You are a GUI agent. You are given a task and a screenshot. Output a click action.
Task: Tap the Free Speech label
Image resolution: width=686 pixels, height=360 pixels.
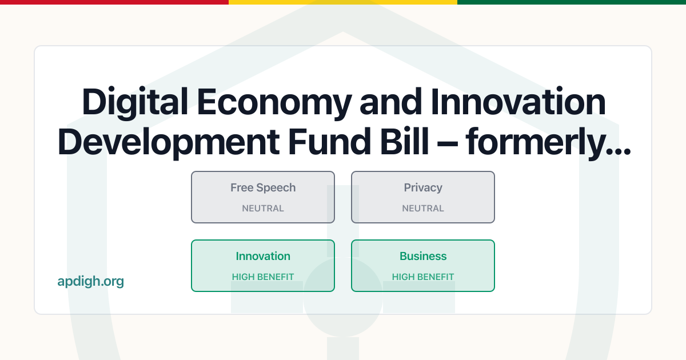point(263,187)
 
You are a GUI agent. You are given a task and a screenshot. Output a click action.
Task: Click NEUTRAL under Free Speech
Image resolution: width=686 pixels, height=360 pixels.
point(263,209)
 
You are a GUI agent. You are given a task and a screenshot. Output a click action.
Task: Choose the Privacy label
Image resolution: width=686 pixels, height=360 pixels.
point(423,187)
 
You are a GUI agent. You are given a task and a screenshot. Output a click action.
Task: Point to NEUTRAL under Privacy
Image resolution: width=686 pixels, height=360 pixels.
point(423,209)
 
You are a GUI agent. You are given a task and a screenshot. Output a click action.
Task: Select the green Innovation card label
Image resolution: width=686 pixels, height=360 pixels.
point(263,256)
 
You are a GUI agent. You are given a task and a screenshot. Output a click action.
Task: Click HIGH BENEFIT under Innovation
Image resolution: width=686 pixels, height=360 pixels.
point(263,277)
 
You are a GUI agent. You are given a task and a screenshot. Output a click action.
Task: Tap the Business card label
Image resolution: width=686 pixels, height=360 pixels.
point(423,256)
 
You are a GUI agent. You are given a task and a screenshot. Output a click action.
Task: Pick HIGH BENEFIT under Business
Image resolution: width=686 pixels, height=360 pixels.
point(423,277)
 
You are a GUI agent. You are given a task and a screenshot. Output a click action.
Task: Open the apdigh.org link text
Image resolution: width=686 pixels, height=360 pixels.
point(91,281)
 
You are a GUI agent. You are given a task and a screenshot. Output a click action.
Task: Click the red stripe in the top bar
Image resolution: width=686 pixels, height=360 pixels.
point(114,2)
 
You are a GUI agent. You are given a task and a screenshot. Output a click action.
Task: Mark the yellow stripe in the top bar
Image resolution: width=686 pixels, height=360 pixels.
point(343,2)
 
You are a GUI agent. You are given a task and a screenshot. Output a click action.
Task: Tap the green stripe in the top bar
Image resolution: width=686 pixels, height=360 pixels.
point(572,2)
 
